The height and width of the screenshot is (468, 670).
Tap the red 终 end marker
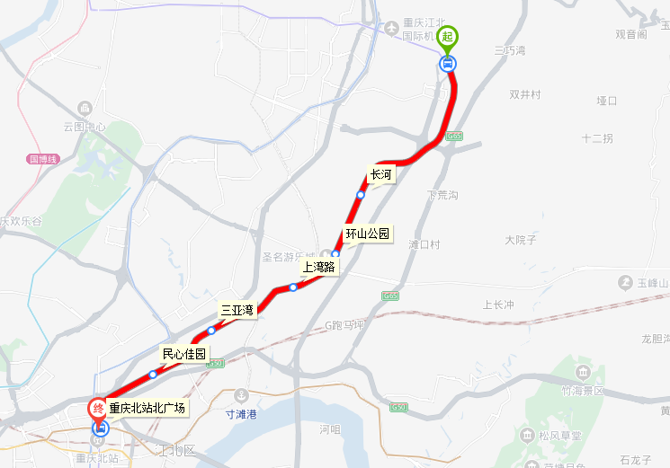coord(98,410)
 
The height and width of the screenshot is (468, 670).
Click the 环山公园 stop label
coord(368,234)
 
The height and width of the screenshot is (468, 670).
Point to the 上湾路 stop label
coord(318,267)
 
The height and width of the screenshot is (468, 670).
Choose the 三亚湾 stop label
coord(238,310)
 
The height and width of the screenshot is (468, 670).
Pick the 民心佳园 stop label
coord(183,354)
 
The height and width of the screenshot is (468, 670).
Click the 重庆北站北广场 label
coord(147,408)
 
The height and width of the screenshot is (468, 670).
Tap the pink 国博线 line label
coord(42,159)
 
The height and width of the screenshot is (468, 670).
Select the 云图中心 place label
coord(85,128)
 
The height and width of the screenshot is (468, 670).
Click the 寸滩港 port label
coord(241,415)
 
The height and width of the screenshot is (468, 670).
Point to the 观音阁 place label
coord(631,34)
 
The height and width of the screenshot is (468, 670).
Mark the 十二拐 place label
coord(597,138)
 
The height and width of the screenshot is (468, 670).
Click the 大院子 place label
coord(520,240)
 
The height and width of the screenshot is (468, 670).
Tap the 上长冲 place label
coord(498,305)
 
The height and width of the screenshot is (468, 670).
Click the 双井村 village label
coord(525,94)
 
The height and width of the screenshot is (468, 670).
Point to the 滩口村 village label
coord(424,244)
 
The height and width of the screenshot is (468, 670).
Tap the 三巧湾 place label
coord(510,52)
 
